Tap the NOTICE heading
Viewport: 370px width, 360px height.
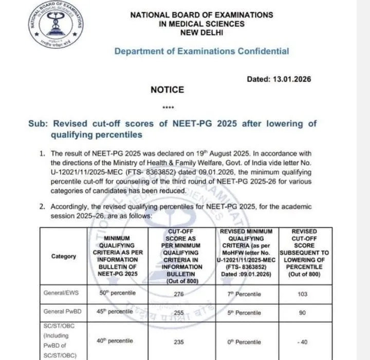(167, 90)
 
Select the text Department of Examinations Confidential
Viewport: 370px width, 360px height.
(201, 51)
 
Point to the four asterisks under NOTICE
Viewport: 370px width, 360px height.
(168, 109)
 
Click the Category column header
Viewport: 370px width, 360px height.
(64, 256)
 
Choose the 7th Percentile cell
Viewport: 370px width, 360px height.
(247, 294)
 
